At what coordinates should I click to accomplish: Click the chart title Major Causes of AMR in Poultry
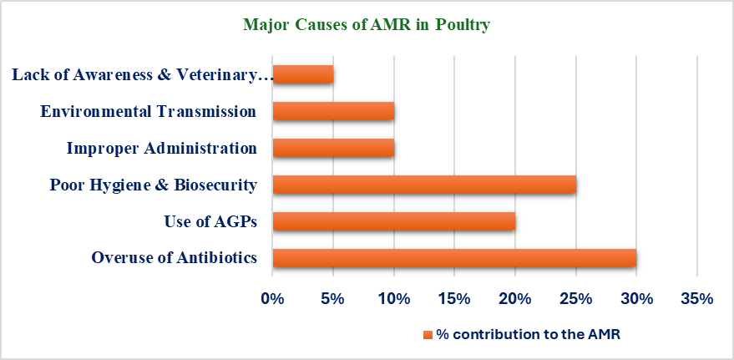[366, 25]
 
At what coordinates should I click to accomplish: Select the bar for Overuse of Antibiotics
[454, 258]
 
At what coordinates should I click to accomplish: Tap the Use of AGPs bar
[394, 221]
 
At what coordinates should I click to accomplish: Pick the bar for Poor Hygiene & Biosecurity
[424, 185]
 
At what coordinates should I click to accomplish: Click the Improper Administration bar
[333, 148]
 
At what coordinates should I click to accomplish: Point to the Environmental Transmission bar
[333, 111]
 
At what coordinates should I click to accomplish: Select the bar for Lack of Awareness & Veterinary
[303, 74]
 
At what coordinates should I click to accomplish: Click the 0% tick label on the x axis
[273, 298]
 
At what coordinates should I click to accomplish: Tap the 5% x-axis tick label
[333, 298]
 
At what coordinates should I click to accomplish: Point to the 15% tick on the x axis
[454, 298]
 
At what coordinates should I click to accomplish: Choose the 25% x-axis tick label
[575, 298]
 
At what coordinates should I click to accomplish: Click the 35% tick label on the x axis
[696, 298]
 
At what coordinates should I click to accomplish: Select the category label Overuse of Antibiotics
[174, 258]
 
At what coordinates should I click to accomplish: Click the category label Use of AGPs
[210, 221]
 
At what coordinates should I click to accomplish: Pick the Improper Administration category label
[161, 148]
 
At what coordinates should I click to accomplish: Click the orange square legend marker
[428, 335]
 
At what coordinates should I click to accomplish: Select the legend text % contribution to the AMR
[530, 335]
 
